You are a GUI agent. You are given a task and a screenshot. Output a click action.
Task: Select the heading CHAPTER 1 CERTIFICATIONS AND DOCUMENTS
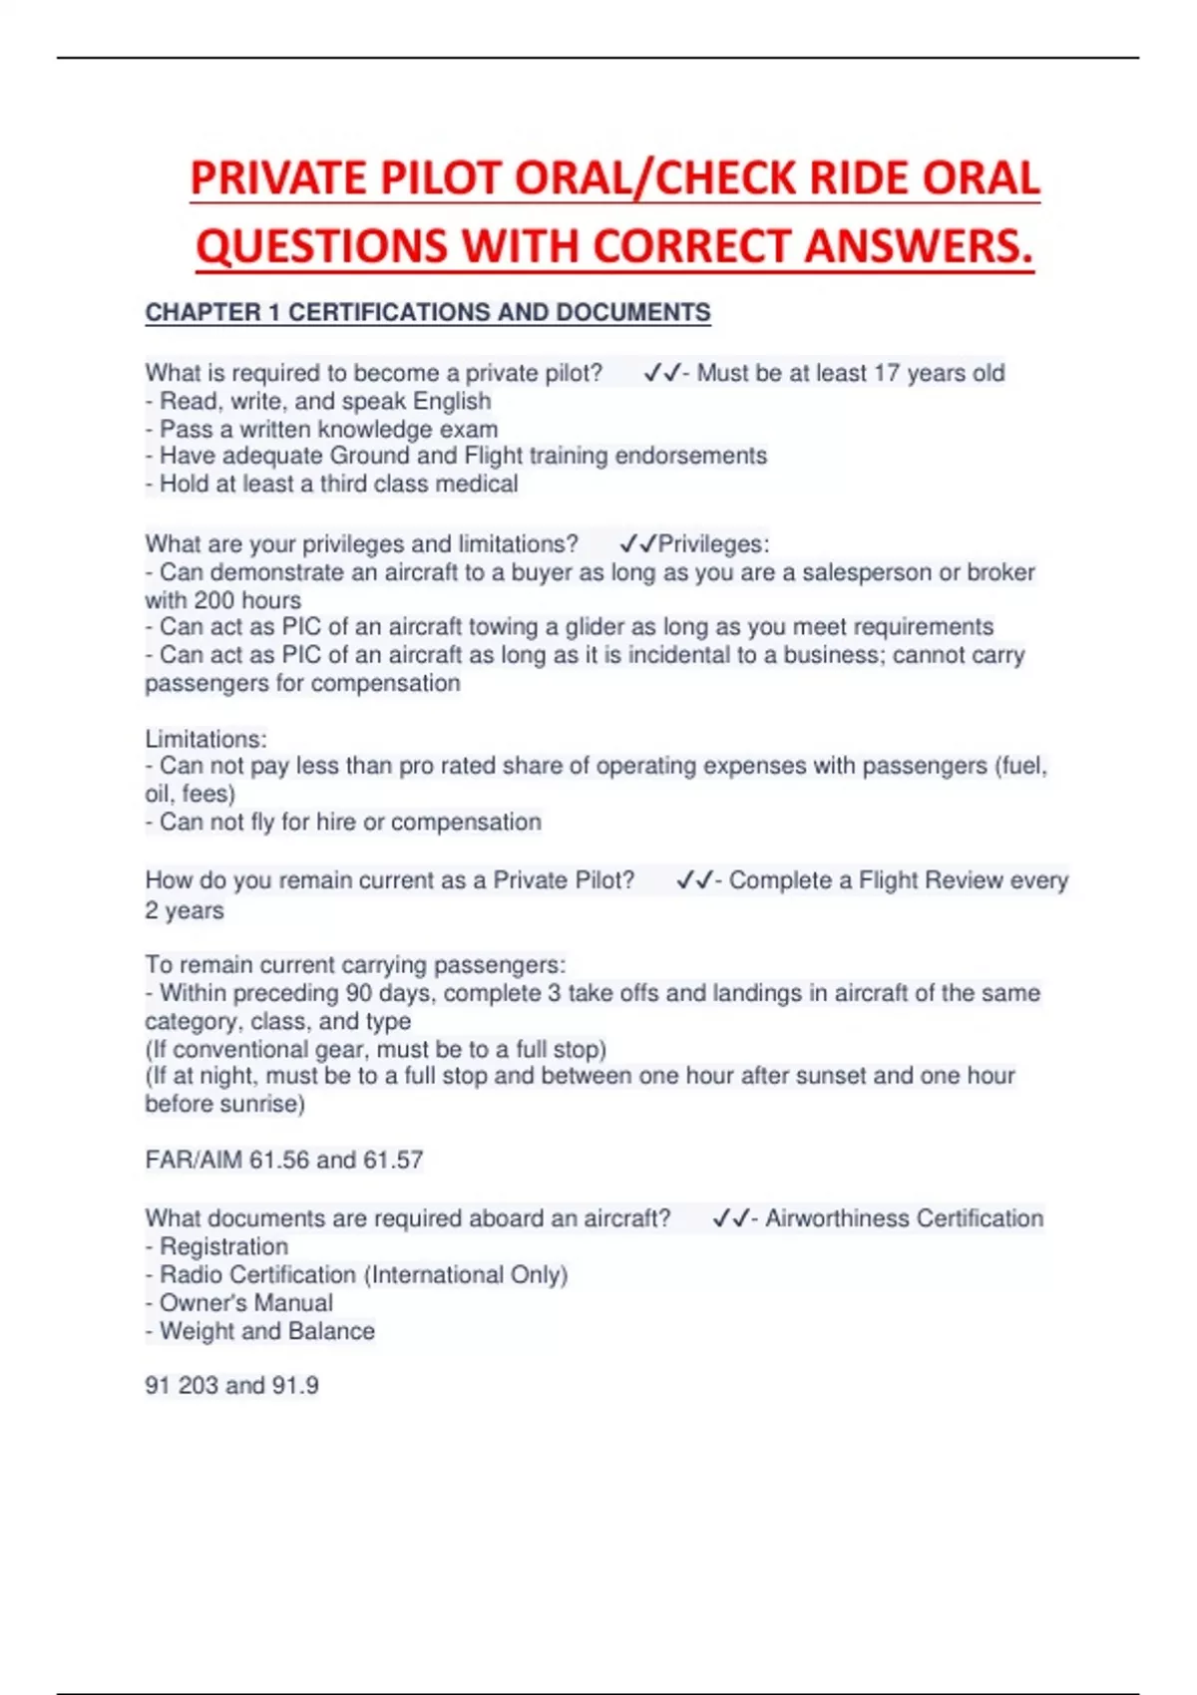pos(428,313)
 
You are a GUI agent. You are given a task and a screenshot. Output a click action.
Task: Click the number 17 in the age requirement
pos(887,373)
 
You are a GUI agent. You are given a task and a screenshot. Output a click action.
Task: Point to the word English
pos(452,401)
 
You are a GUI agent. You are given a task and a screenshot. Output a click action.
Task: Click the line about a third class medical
pos(332,485)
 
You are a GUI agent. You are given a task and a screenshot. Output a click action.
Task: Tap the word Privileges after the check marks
pos(713,544)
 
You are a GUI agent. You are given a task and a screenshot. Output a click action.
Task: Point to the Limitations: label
pos(206,740)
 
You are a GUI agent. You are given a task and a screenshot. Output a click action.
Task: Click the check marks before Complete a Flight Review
pos(694,881)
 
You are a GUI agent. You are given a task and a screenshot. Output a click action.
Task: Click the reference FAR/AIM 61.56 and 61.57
pos(284,1161)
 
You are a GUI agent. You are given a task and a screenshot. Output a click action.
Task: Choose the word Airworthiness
pos(836,1219)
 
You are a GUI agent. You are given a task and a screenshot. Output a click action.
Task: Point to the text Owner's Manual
pos(245,1303)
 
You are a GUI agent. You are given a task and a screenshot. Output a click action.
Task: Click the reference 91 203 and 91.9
pos(231,1386)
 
